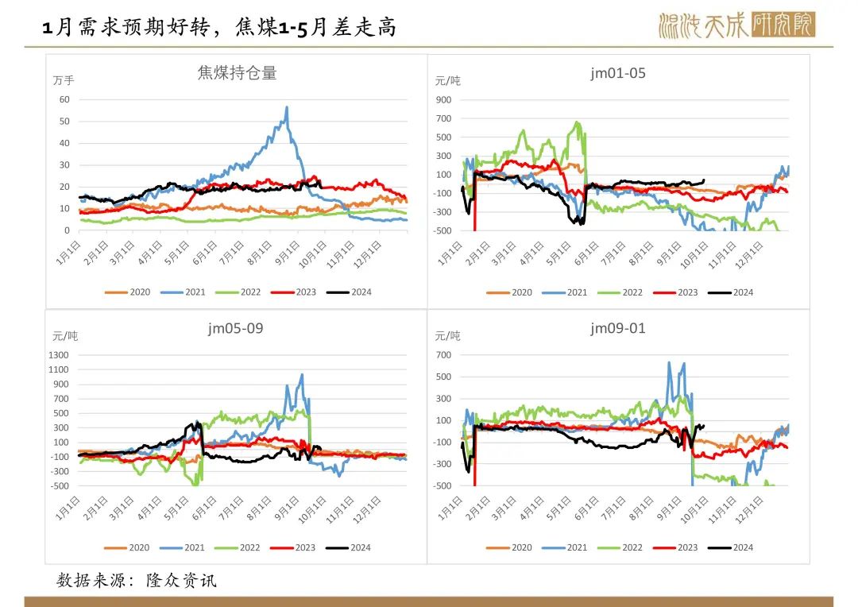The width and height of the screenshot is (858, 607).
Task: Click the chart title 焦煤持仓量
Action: point(237,73)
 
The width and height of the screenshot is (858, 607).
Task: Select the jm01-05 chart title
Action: point(618,73)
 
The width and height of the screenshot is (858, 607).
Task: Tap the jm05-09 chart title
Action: point(236,329)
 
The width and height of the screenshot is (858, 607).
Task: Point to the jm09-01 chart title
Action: point(618,329)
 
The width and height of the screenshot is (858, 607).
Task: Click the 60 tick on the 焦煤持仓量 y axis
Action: point(64,100)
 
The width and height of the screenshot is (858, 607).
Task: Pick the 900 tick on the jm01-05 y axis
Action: point(443,100)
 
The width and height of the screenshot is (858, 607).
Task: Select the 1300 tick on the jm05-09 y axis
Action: point(59,355)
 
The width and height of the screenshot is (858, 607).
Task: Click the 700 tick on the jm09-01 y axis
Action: point(443,355)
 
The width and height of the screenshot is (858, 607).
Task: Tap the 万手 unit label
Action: point(64,80)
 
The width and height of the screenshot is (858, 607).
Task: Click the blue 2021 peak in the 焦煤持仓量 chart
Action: point(287,107)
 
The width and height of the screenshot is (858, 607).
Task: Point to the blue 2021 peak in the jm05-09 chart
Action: point(302,374)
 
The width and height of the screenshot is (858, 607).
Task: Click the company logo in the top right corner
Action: point(736,25)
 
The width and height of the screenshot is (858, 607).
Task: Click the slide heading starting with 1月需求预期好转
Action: point(218,29)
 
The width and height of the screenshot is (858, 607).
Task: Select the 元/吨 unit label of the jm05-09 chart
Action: point(65,336)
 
